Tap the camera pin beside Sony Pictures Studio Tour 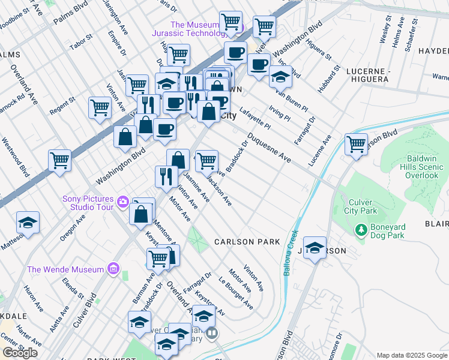pyautogui.click(x=124, y=201)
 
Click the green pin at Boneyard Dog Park pyautogui.click(x=361, y=229)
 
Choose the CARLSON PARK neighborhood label pyautogui.click(x=247, y=242)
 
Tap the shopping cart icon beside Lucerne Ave pyautogui.click(x=357, y=144)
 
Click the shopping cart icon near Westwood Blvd pyautogui.click(x=60, y=160)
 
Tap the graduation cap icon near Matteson pyautogui.click(x=28, y=223)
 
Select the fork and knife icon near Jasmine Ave pyautogui.click(x=166, y=176)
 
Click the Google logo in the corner pyautogui.click(x=20, y=352)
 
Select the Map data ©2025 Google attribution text pyautogui.click(x=412, y=355)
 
